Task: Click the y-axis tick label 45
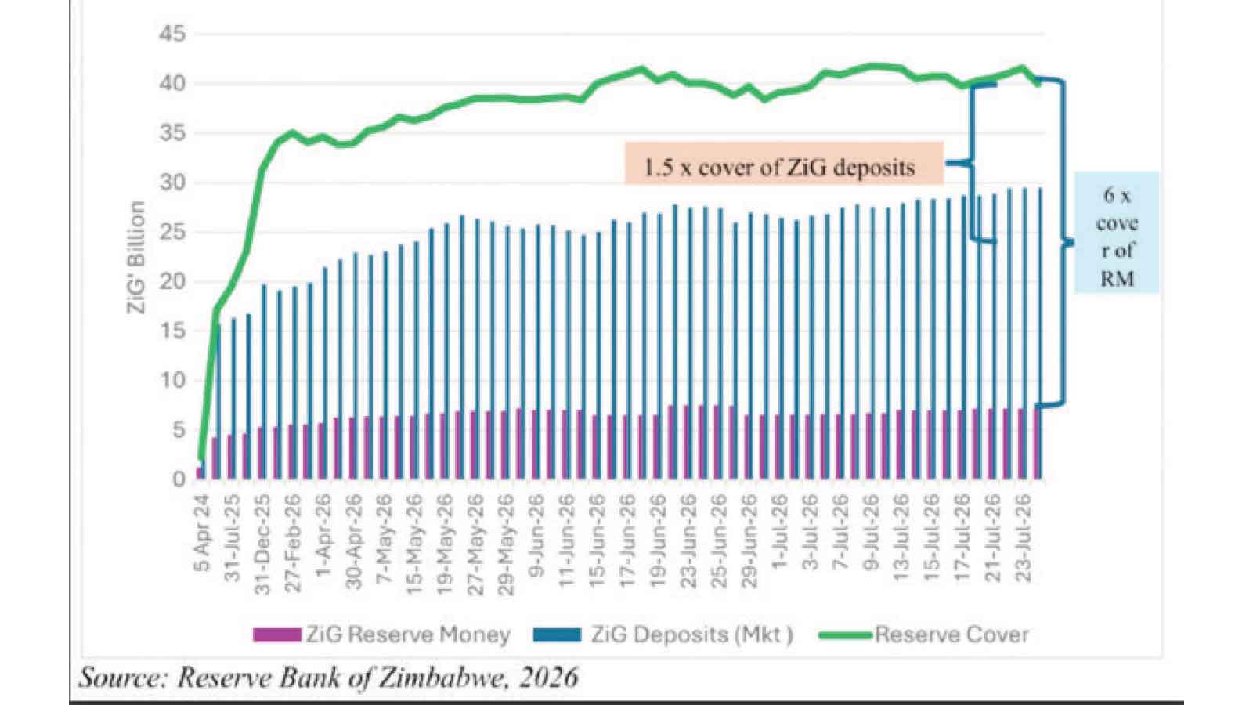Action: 172,35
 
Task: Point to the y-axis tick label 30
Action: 172,183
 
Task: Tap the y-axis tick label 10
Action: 172,381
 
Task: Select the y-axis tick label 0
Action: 179,479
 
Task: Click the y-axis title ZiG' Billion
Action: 137,258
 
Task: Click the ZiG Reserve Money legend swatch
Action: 277,635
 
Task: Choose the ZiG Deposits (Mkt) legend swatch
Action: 558,635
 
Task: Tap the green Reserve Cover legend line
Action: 846,635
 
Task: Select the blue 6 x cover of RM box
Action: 1117,232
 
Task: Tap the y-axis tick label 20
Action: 172,281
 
